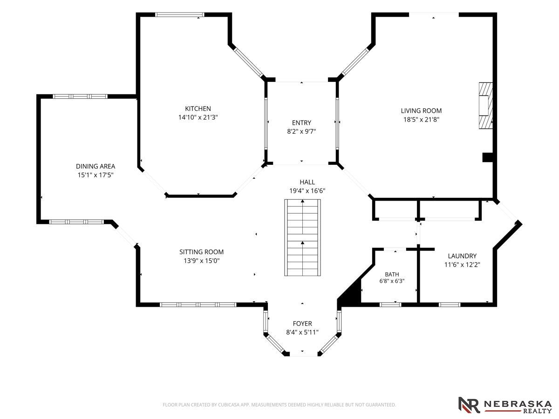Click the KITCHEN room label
[198, 108]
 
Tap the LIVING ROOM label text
[421, 111]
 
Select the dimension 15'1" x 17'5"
[95, 175]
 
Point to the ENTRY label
[301, 123]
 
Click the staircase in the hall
[302, 237]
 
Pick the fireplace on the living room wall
[486, 105]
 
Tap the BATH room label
[392, 274]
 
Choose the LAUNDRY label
[462, 256]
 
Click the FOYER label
[302, 324]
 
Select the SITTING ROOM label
[201, 252]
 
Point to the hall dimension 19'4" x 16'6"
[307, 191]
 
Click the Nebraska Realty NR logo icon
[469, 405]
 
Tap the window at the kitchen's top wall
[180, 15]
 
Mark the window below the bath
[390, 304]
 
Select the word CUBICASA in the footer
[228, 405]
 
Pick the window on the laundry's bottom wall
[450, 304]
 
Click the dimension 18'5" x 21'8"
[421, 120]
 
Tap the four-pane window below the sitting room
[198, 304]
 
